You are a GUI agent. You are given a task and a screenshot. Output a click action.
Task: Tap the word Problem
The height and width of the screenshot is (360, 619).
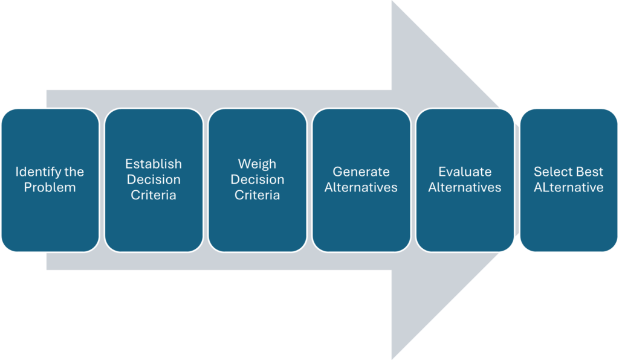[x=50, y=188]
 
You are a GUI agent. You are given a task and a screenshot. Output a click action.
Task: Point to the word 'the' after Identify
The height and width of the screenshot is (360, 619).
[x=74, y=172]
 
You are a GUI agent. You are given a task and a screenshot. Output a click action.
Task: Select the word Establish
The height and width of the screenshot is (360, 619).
[x=154, y=164]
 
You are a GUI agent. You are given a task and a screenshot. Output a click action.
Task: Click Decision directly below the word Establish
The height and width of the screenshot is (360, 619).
[x=154, y=180]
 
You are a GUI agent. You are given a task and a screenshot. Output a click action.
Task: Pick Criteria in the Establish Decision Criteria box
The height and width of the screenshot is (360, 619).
[x=154, y=196]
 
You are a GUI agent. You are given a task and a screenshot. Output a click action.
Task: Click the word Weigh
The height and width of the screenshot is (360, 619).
[x=257, y=164]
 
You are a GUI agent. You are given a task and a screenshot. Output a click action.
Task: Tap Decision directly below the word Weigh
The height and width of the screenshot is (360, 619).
[x=257, y=180]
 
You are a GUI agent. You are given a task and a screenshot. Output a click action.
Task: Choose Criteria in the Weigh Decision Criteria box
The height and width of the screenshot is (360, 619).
[x=257, y=196]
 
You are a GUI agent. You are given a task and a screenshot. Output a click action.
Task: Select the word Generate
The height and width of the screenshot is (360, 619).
[x=361, y=172]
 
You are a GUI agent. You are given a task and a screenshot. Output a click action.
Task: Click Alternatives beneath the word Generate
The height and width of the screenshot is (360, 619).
[x=361, y=188]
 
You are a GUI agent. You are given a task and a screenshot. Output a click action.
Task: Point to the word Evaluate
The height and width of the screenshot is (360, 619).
[x=465, y=172]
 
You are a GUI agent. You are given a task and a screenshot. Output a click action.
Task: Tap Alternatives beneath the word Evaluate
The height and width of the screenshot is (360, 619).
[x=465, y=188]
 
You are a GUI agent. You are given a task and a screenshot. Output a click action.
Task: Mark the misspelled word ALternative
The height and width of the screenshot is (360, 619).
[x=568, y=188]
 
